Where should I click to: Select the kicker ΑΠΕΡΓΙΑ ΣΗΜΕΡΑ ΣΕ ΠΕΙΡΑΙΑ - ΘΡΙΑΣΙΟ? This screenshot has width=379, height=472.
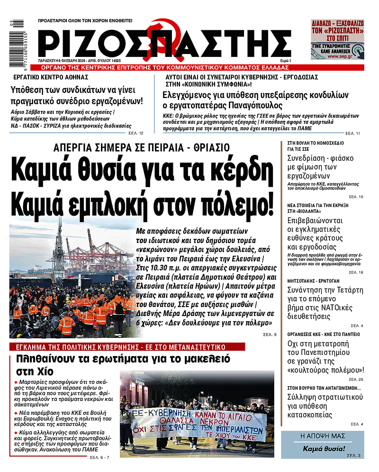[142, 147]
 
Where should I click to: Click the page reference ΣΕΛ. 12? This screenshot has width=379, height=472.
[138, 133]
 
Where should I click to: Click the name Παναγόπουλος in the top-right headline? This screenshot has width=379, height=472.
[253, 105]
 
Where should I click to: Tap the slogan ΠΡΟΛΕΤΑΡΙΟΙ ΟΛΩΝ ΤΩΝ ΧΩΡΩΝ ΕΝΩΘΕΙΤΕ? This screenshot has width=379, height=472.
[85, 21]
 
